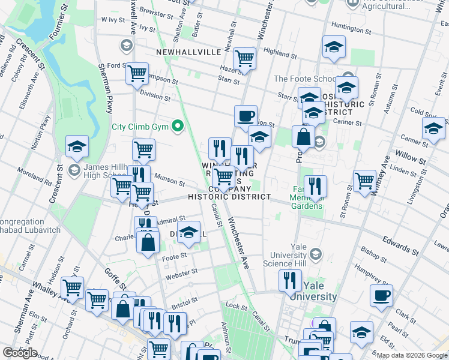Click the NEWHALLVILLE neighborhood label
(188, 52)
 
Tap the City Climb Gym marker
(177, 127)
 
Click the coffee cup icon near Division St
(245, 115)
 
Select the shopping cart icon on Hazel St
(244, 58)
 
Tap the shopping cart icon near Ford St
(137, 73)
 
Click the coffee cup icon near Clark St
(381, 295)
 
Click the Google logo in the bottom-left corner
(20, 353)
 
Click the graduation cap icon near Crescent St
(77, 146)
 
